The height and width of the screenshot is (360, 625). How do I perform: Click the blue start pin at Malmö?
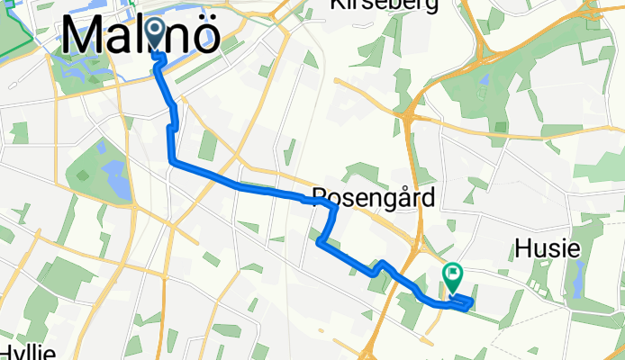(x=155, y=35)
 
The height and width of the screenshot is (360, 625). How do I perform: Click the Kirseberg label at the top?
(x=385, y=5)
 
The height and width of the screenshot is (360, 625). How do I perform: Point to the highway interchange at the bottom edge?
(x=372, y=346)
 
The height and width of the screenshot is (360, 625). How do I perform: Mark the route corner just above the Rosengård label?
(x=333, y=209)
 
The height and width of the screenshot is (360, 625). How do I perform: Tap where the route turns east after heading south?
(x=172, y=162)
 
